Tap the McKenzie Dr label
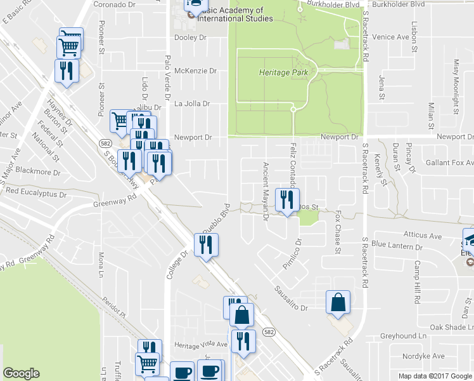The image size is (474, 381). (x=196, y=70)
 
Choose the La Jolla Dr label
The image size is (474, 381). (x=192, y=104)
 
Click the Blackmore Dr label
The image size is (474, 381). (x=39, y=172)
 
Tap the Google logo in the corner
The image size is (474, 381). (x=21, y=373)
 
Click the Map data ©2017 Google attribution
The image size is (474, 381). (x=435, y=376)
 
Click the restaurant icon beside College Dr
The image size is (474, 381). (x=205, y=244)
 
